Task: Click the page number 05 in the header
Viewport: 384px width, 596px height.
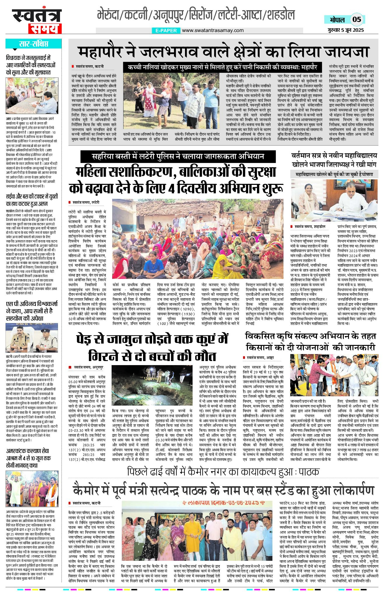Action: coord(357,20)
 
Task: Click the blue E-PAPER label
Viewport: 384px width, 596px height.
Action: coord(166,30)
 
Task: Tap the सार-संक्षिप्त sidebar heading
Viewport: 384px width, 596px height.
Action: coord(34,44)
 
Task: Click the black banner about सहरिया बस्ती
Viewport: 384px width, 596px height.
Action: coord(178,157)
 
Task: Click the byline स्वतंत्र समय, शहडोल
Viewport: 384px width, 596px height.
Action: coord(310,226)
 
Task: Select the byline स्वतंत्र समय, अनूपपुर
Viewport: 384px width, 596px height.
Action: coord(89,367)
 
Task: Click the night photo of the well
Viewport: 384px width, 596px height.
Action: coord(152,385)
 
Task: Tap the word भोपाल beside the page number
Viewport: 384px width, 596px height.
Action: coord(337,20)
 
